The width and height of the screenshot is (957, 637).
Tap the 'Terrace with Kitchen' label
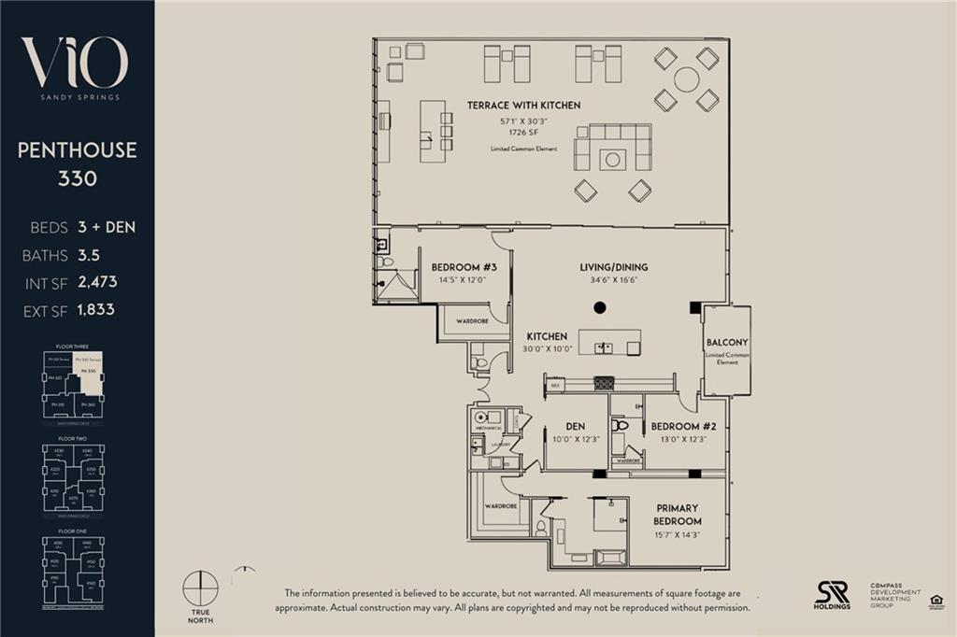523,106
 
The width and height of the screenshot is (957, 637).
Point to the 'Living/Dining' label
613,267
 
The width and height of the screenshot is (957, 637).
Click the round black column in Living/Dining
600,307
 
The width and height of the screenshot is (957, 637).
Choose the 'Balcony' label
727,343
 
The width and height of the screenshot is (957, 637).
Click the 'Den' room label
575,426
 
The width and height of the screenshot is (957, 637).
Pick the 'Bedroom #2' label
683,426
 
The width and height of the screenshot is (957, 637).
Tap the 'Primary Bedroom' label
678,515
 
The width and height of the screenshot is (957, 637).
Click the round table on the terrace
686,79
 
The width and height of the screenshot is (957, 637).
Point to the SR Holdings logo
832,592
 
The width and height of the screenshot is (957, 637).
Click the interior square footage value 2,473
98,281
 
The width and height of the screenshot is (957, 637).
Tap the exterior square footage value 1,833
96,309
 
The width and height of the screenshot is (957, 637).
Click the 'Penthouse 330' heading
77,163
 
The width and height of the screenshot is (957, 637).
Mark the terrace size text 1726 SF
523,133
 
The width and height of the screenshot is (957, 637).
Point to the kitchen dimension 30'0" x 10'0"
547,350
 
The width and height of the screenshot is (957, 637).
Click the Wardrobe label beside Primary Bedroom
501,507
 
